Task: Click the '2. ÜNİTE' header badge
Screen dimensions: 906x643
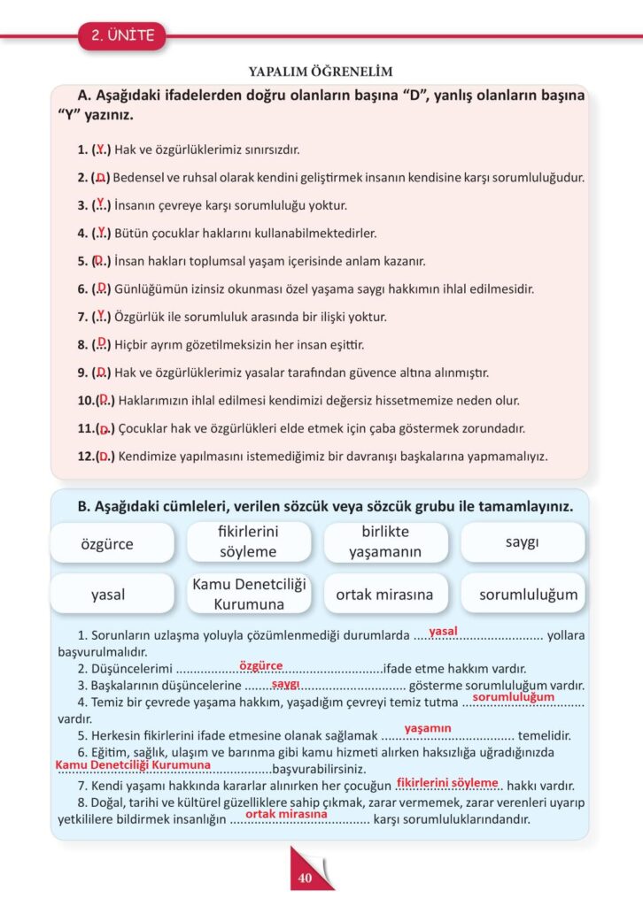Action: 122,36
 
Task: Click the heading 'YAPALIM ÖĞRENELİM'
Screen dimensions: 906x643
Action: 321,72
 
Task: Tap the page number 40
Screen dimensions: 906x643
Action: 305,878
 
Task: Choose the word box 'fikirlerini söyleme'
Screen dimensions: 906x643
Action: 249,541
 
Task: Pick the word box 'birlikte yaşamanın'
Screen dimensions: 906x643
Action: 385,541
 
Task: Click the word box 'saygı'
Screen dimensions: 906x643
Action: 523,541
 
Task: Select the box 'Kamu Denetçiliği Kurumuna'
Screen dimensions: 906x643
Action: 249,594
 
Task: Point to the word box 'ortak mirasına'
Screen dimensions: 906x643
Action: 385,594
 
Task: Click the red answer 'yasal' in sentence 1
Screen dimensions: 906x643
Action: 442,631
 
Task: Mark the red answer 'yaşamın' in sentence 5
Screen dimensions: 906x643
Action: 428,728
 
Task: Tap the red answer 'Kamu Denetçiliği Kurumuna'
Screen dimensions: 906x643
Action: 133,764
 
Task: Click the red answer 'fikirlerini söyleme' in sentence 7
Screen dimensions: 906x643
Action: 447,782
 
